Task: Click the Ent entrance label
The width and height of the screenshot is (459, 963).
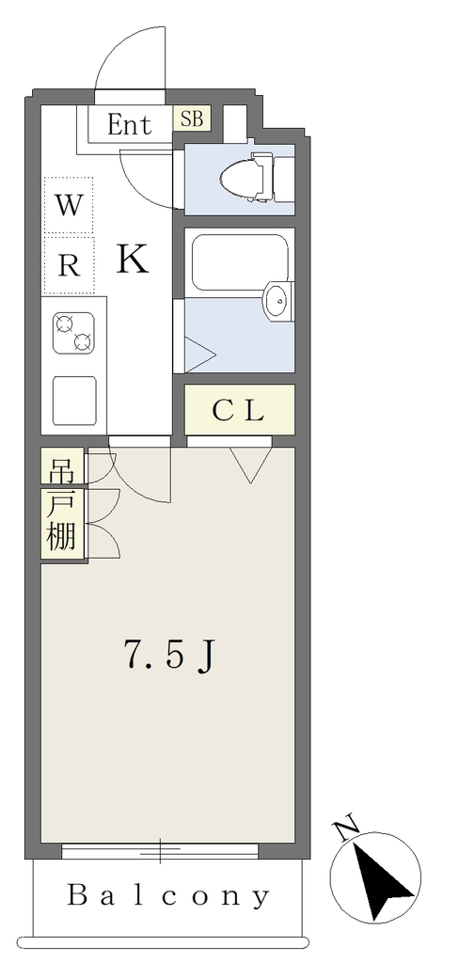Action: tap(129, 125)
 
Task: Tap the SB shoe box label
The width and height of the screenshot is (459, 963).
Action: tap(192, 118)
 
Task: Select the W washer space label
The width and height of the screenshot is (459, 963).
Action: tap(69, 205)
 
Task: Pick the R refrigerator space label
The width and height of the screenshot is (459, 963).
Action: tap(69, 265)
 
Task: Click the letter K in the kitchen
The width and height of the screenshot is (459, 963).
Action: tap(133, 259)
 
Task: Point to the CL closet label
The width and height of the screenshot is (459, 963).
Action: tap(238, 411)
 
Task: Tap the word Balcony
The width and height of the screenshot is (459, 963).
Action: tap(168, 896)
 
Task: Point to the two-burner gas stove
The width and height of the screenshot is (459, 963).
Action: tap(73, 332)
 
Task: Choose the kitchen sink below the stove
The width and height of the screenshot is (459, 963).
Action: tap(74, 401)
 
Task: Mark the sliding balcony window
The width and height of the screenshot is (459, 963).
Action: tap(160, 850)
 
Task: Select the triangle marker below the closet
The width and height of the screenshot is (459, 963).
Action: tap(251, 465)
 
